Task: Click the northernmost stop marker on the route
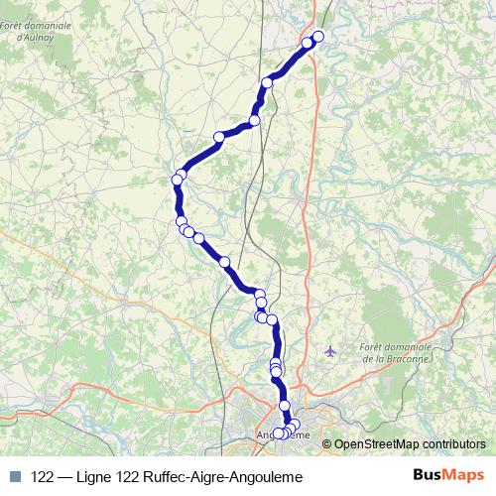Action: (x=318, y=38)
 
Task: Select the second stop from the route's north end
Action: (x=308, y=45)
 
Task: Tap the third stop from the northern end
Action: (x=267, y=82)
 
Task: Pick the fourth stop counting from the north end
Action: (x=255, y=120)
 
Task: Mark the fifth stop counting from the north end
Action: (x=219, y=137)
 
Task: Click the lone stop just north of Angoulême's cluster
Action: (x=285, y=406)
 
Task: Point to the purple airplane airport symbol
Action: (x=330, y=350)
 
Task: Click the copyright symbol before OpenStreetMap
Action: (x=327, y=443)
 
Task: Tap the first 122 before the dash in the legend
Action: (x=42, y=476)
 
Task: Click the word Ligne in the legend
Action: (x=99, y=476)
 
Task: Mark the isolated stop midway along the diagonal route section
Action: (x=224, y=262)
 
